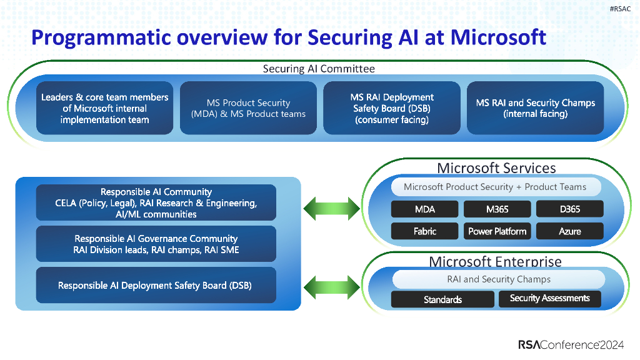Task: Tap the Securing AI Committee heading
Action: (x=319, y=69)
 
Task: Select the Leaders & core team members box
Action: (x=104, y=108)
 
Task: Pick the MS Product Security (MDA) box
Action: (x=248, y=108)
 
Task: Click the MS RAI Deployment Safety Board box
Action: (x=392, y=108)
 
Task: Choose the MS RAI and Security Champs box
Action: (x=536, y=108)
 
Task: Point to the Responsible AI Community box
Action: (x=156, y=202)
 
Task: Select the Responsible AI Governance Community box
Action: (x=156, y=244)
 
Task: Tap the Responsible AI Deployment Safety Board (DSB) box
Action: (x=156, y=285)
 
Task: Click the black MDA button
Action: (x=424, y=209)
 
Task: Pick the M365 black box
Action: (x=497, y=209)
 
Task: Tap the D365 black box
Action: (x=569, y=209)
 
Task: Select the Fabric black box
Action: (x=424, y=231)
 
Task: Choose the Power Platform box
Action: (x=497, y=231)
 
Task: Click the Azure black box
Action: (x=569, y=231)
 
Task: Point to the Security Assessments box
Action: (x=549, y=299)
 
